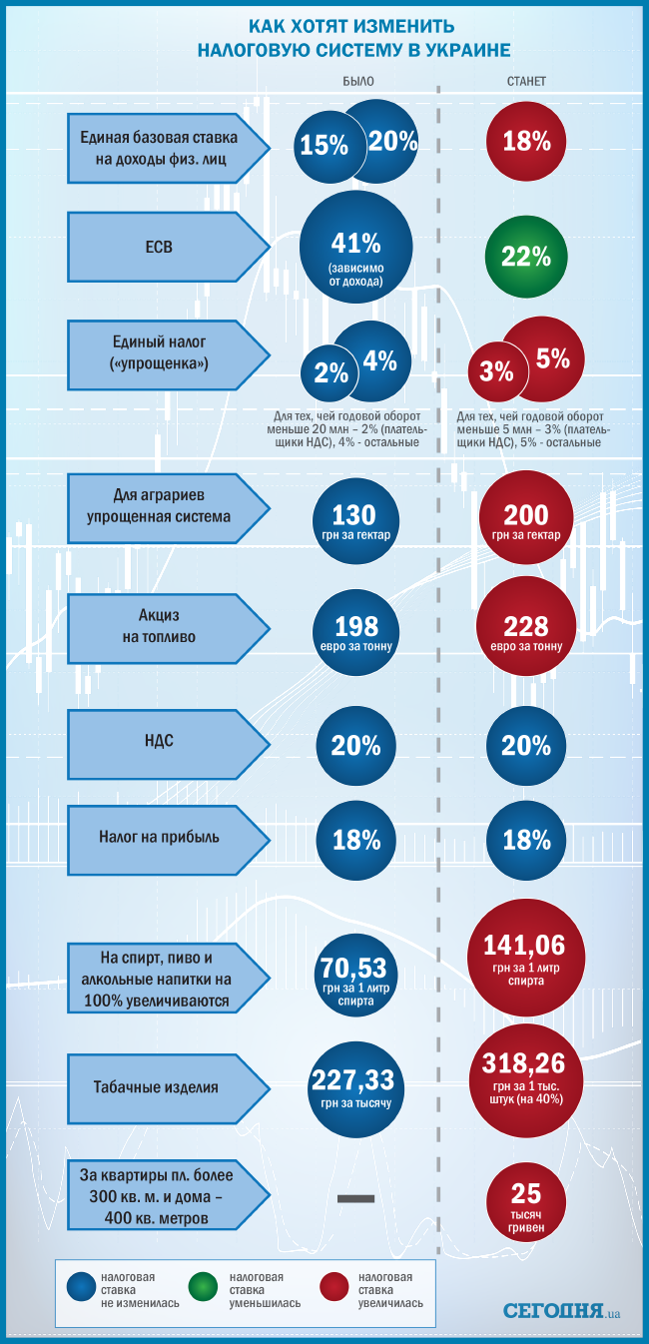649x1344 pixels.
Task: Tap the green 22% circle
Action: [x=526, y=257]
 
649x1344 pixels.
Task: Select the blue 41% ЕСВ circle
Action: [x=355, y=249]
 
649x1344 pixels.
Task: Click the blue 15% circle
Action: [x=322, y=146]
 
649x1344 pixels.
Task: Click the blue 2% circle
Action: [x=330, y=373]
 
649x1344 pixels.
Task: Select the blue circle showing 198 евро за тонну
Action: [x=356, y=632]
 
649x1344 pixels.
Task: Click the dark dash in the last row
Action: [x=355, y=1198]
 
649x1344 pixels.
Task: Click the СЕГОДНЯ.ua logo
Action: [x=562, y=1309]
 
